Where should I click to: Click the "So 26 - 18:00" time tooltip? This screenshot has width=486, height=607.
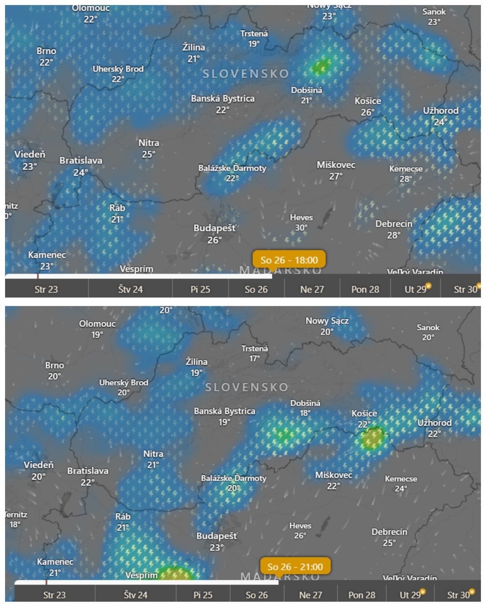coord(289,260)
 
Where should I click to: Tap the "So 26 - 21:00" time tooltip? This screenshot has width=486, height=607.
coord(295,567)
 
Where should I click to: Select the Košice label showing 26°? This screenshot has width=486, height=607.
coord(368,106)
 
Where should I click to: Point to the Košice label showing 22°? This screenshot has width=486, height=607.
coord(364,418)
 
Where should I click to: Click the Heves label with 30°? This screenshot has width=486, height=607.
coord(301,223)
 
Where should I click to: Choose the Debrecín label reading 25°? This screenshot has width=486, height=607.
coord(389,537)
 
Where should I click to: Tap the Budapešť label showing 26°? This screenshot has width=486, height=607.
coord(215,233)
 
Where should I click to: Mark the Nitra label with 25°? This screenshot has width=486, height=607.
coord(148,148)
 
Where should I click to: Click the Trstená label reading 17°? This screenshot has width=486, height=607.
coord(254,353)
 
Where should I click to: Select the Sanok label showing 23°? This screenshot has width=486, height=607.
coord(434,17)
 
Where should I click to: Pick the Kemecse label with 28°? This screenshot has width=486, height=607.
coord(406,173)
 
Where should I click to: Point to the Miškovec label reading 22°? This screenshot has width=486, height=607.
coord(333,480)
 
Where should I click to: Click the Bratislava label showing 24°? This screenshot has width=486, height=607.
coord(81,166)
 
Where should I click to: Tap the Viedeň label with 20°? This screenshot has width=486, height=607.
coord(38,470)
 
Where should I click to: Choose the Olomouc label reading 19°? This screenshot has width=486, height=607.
coord(97,329)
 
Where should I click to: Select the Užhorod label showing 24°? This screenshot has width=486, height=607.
coord(441,116)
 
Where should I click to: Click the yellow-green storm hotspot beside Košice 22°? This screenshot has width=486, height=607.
coord(372,438)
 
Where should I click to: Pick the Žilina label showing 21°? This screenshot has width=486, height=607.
coord(194,53)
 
